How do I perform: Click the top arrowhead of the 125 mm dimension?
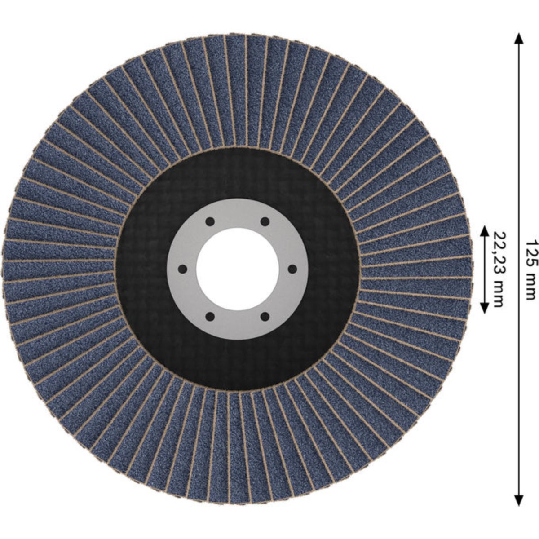coord(519,38)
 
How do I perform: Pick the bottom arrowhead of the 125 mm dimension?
coord(519,500)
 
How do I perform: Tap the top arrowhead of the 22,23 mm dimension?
coord(485,231)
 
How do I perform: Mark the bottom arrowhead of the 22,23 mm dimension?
coord(485,307)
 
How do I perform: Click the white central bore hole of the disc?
coord(238,269)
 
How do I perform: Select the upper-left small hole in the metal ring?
coord(210,222)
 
